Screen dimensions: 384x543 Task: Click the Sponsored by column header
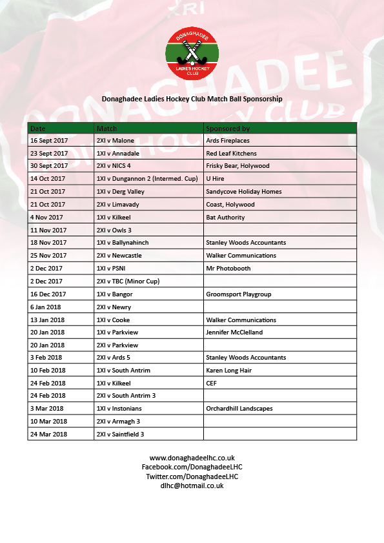pyautogui.click(x=228, y=128)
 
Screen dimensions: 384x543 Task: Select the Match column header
pyautogui.click(x=106, y=128)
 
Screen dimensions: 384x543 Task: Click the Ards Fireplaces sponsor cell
pyautogui.click(x=228, y=141)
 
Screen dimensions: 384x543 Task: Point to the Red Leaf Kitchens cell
pyautogui.click(x=231, y=154)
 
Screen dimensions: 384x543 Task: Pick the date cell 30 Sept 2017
pyautogui.click(x=49, y=166)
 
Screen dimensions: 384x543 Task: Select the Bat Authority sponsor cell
pyautogui.click(x=225, y=218)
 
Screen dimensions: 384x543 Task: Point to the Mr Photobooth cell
pyautogui.click(x=227, y=269)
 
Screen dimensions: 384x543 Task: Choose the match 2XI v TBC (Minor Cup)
pyautogui.click(x=128, y=282)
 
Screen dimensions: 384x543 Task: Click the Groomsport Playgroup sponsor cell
pyautogui.click(x=238, y=294)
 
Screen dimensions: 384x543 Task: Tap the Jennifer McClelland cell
pyautogui.click(x=234, y=333)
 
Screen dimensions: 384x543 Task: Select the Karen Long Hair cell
pyautogui.click(x=228, y=371)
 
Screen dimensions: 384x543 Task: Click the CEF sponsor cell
pyautogui.click(x=212, y=383)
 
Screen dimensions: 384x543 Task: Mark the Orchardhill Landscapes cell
pyautogui.click(x=239, y=408)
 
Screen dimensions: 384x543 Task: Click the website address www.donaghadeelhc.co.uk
pyautogui.click(x=192, y=458)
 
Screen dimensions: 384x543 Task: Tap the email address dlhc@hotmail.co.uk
pyautogui.click(x=192, y=486)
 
